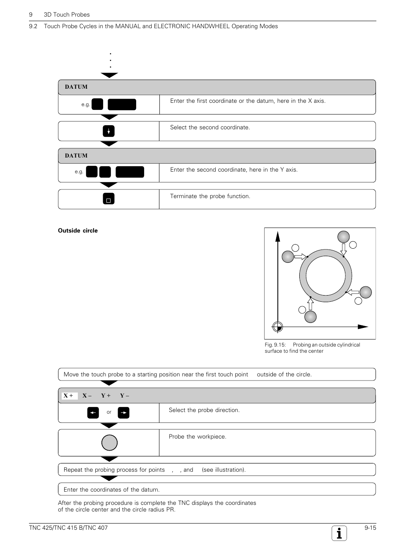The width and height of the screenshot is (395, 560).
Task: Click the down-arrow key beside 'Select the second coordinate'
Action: tap(108, 131)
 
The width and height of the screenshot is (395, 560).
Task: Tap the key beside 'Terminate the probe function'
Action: tap(108, 199)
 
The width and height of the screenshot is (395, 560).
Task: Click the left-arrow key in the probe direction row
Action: tap(93, 413)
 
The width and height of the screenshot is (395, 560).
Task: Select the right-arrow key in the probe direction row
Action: tap(123, 413)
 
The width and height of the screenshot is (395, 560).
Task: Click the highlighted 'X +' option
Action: tap(69, 396)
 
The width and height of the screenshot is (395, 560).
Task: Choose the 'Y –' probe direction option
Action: tap(124, 396)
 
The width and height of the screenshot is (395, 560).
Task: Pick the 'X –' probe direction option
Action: tap(87, 396)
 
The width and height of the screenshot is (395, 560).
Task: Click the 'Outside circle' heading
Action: tap(78, 231)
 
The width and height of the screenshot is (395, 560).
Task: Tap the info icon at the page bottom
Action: tap(339, 533)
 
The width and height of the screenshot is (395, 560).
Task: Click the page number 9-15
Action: tap(370, 528)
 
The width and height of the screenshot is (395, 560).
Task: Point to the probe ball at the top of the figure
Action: tap(343, 237)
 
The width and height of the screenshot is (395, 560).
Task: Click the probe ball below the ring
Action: tap(311, 317)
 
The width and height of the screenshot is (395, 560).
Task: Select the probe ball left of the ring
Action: tap(288, 257)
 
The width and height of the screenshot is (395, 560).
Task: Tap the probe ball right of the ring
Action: tap(366, 292)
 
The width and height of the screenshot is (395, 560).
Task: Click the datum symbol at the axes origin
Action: tap(278, 327)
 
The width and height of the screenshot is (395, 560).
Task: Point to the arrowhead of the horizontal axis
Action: tap(363, 327)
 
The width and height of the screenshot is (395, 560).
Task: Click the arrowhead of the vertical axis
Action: tap(278, 236)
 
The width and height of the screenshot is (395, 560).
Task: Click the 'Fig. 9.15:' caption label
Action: tap(275, 345)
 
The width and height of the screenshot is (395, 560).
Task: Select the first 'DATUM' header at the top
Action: tap(76, 87)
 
